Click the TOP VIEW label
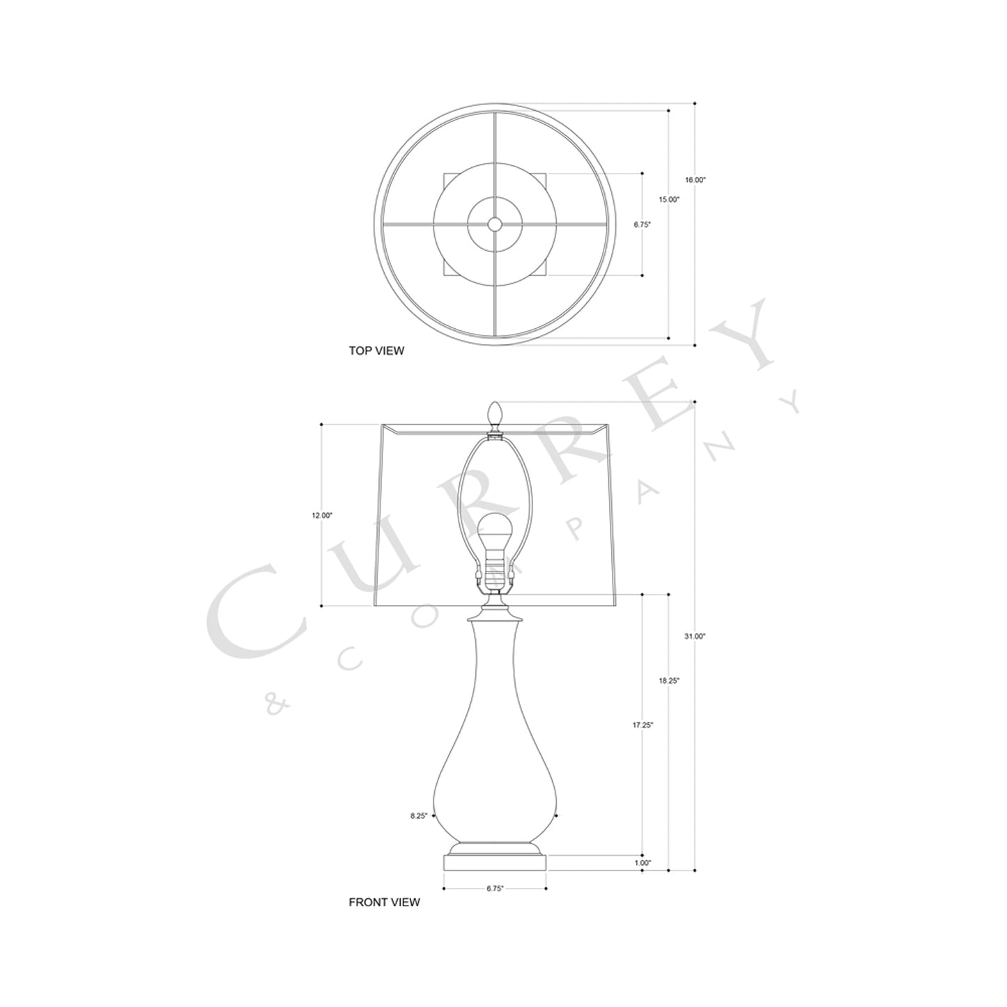(x=376, y=351)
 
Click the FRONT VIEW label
(x=384, y=902)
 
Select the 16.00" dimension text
(x=695, y=180)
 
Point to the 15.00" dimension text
(x=669, y=199)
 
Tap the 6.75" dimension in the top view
(x=642, y=224)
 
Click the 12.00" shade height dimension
(x=322, y=515)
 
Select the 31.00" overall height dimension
(x=695, y=636)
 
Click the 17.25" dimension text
(x=643, y=725)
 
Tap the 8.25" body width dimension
(x=418, y=815)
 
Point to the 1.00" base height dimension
(x=643, y=863)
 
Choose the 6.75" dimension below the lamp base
(x=494, y=889)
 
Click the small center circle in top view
(x=495, y=224)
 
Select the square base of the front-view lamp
(x=495, y=863)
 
